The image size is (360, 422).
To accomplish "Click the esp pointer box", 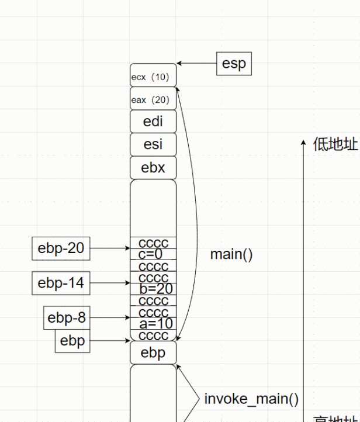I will point(234,64).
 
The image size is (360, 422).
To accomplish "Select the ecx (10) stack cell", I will point(153,77).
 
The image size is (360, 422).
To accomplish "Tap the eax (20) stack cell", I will point(153,100).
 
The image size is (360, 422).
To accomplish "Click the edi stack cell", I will point(153,122).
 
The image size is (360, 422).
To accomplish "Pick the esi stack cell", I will point(153,145).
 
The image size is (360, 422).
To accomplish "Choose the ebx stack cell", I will point(153,168).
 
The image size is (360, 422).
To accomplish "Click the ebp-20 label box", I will point(61,248).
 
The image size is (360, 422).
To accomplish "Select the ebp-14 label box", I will point(61,283).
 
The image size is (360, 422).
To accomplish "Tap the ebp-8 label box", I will point(67,318).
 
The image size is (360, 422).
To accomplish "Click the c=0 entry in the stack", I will point(151,254).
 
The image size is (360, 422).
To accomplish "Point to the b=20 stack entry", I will point(155,289).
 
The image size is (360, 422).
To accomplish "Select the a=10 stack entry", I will point(155,324).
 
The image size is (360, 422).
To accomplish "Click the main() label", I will point(231,255).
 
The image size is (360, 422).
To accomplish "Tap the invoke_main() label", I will point(251,399).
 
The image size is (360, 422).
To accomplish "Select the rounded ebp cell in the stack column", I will point(153,353).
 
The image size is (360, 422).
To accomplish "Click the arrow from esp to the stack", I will point(196,63).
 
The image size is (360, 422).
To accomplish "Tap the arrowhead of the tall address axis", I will point(304,143).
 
